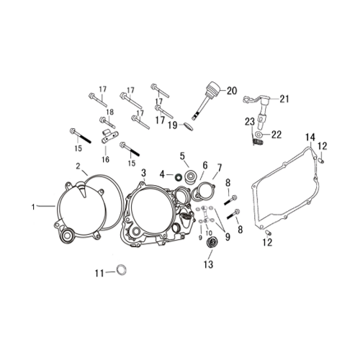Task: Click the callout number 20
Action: point(232,91)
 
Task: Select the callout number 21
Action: point(284,99)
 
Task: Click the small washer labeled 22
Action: point(259,134)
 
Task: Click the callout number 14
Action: point(310,138)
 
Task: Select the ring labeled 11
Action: point(122,270)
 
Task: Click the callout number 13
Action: point(208,264)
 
